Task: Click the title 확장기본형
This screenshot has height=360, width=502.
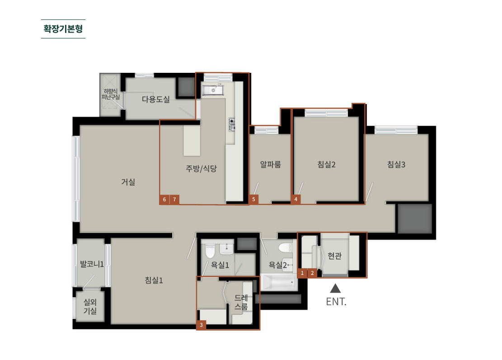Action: [x=63, y=29]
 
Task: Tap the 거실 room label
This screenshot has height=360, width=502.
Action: [x=128, y=182]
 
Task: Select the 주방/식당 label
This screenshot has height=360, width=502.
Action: [x=202, y=168]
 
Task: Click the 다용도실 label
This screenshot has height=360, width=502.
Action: [x=155, y=99]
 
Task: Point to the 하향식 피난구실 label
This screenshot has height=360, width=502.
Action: [x=110, y=94]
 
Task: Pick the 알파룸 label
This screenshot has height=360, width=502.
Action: [x=271, y=165]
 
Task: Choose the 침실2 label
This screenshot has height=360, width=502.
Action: [x=326, y=165]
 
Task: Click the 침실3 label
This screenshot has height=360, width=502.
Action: [x=396, y=165]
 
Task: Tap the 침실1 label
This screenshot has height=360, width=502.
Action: [x=154, y=280]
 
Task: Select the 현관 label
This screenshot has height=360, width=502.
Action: [x=334, y=256]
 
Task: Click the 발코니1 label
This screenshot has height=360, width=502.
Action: [x=92, y=264]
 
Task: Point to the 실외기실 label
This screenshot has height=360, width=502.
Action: [x=90, y=307]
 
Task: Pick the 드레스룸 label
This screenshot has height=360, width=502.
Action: [x=241, y=302]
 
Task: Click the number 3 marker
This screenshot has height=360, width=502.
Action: [x=201, y=325]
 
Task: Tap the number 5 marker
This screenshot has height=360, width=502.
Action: [x=253, y=199]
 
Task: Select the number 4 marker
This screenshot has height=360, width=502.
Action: [x=296, y=199]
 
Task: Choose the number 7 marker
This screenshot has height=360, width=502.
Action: [x=174, y=199]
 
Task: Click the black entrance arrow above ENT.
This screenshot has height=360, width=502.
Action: [x=335, y=288]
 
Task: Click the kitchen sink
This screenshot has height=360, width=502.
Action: [x=213, y=90]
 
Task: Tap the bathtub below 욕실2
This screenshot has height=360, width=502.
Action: [x=278, y=282]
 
